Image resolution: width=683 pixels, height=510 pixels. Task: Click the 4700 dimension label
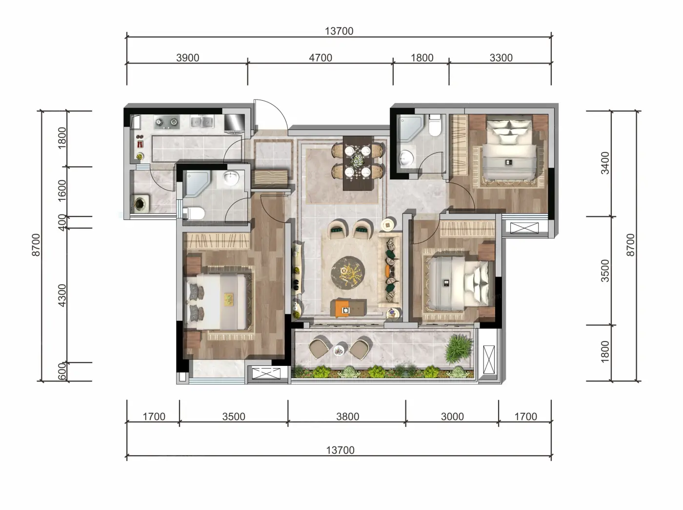point(321,58)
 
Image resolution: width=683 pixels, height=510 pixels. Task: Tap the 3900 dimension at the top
point(188,58)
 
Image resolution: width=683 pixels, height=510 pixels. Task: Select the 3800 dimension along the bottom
point(347,417)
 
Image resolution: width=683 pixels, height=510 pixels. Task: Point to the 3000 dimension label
point(452,417)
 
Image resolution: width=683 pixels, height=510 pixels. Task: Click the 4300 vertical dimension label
point(62,296)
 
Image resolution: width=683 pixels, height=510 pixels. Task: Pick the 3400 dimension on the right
point(605,163)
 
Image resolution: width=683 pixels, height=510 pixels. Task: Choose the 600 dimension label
point(62,371)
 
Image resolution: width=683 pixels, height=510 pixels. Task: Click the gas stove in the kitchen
point(167,122)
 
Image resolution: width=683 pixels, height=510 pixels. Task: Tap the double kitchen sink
point(202,122)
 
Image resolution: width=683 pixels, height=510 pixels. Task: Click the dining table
point(358,163)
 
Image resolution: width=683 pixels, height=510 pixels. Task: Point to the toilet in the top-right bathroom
point(435,125)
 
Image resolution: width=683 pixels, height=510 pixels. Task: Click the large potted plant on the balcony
point(457,349)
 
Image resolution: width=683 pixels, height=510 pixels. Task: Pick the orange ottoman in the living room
point(344,309)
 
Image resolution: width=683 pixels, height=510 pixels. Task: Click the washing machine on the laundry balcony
point(140,203)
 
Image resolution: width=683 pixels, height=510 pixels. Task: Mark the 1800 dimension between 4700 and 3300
point(422,58)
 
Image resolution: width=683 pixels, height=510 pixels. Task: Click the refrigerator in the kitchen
point(234,122)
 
